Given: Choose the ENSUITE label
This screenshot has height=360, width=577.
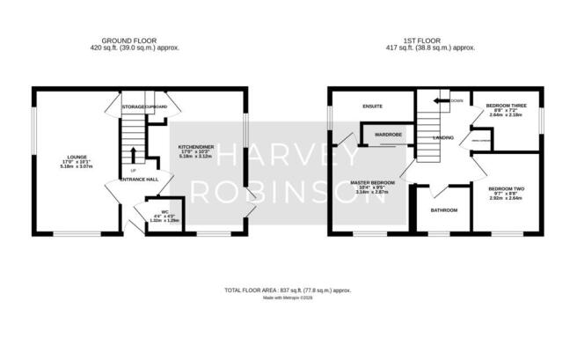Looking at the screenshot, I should [373, 107].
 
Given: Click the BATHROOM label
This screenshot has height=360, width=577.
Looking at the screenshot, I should [444, 210].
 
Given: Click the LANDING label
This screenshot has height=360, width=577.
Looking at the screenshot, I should [443, 138].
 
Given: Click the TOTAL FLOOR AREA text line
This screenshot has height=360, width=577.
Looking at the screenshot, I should [288, 290].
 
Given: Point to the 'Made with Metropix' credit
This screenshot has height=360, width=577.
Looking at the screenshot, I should [288, 298].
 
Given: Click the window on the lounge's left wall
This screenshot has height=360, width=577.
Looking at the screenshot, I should [34, 126].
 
